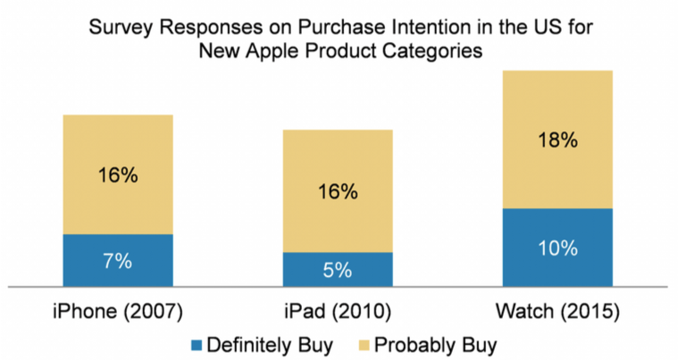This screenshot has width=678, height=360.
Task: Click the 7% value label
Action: [117, 262]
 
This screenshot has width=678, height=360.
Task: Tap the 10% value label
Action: [557, 249]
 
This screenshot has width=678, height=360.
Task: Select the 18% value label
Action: [557, 140]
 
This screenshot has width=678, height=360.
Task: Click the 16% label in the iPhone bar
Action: [117, 176]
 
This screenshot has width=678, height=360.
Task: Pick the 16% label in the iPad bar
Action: [337, 191]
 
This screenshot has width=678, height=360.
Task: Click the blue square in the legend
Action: [197, 343]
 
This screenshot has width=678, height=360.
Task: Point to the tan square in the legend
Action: [367, 343]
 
